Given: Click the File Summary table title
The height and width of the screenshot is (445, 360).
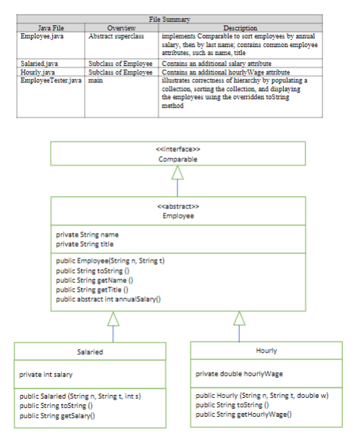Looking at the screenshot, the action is point(169,20).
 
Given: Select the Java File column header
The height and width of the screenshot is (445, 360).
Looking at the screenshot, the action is point(51,27).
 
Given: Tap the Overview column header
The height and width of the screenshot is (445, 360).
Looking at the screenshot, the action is point(121,27).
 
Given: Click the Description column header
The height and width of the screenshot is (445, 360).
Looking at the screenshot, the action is point(240,27).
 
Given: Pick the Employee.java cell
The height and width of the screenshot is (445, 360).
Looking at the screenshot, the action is point(42,36).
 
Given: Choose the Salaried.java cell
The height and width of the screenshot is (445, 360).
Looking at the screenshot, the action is point(39,63).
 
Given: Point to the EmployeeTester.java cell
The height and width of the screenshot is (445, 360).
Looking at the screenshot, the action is point(51,80).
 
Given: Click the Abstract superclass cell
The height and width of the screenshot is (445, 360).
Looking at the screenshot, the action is point(116,36).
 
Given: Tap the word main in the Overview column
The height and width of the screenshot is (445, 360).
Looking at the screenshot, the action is point(96,80).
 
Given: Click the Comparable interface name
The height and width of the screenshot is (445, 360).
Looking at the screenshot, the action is point(178,159).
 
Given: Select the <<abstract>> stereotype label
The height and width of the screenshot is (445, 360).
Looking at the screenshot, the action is point(178,206).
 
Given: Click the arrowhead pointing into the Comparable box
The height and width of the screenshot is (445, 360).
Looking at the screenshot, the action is point(177,172).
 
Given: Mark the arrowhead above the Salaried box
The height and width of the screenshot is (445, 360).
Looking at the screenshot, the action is point(113,319).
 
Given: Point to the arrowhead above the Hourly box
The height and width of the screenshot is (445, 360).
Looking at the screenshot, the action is point(239,318).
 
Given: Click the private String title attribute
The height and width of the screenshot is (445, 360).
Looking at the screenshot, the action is point(85,244).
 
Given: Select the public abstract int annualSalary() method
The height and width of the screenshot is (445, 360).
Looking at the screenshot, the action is point(108,299).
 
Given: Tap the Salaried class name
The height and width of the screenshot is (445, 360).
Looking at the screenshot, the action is point(90,352).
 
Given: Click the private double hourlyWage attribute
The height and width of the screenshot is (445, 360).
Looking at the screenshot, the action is point(239,374).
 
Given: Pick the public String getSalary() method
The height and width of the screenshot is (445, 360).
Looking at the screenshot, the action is point(57,416).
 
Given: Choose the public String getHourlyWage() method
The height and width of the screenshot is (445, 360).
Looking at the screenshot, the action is point(243,415).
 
